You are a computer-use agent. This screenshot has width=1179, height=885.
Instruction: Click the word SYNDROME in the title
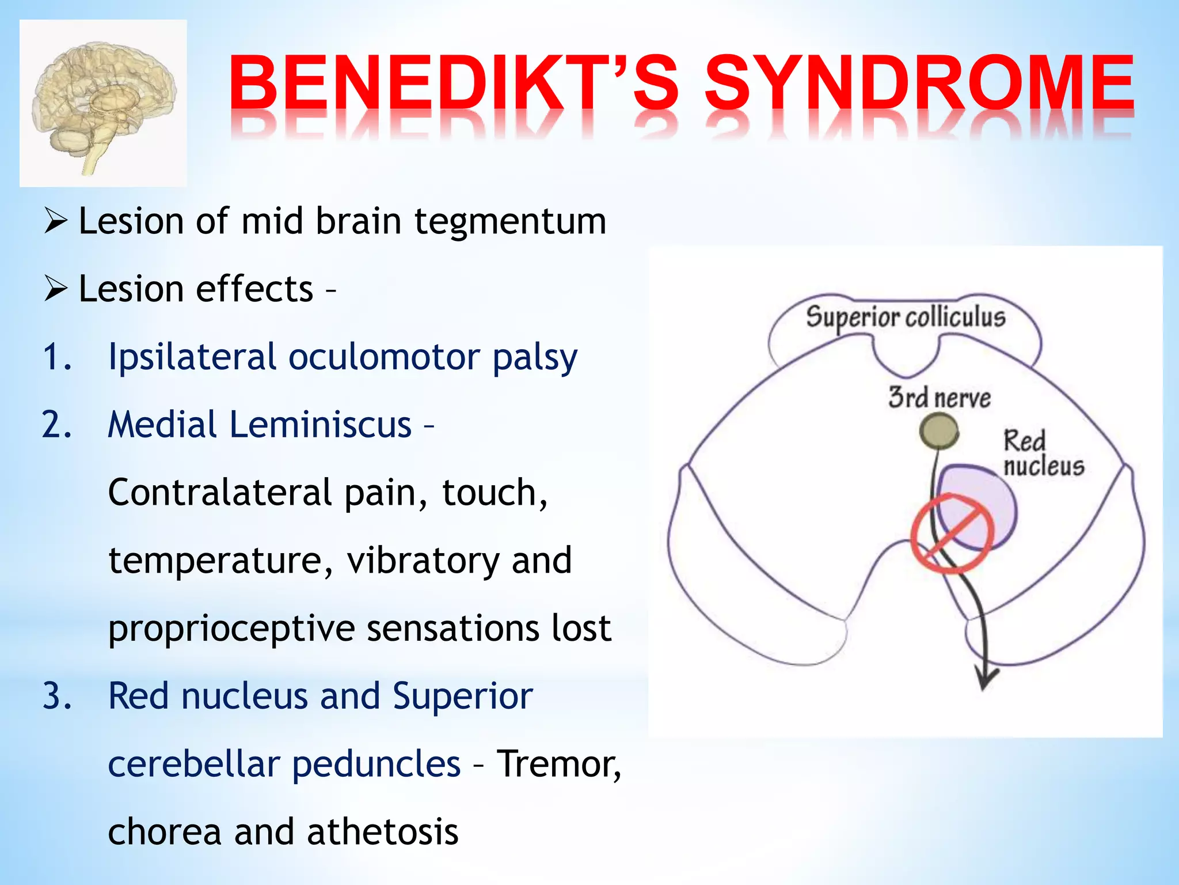[919, 83]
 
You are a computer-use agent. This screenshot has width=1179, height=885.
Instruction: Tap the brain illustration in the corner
[104, 104]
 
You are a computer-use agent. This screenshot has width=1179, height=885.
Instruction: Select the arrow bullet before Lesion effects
[56, 289]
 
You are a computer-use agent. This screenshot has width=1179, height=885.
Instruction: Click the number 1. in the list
[58, 357]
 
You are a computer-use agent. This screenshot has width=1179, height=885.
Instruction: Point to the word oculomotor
[384, 357]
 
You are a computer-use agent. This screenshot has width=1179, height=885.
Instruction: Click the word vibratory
[423, 561]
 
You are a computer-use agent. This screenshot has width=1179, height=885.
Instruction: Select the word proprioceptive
[231, 629]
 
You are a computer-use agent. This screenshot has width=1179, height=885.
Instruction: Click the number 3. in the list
[58, 696]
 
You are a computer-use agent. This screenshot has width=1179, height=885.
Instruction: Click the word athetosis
[383, 832]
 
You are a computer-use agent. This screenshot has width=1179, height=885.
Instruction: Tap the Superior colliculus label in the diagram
[906, 317]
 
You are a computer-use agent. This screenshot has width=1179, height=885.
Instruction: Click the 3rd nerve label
[939, 398]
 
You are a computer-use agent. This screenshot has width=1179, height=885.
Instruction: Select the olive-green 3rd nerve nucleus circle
[938, 432]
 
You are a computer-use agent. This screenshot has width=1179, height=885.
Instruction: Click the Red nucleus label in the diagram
[1043, 453]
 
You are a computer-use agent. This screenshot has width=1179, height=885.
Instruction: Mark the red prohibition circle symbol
[952, 533]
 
